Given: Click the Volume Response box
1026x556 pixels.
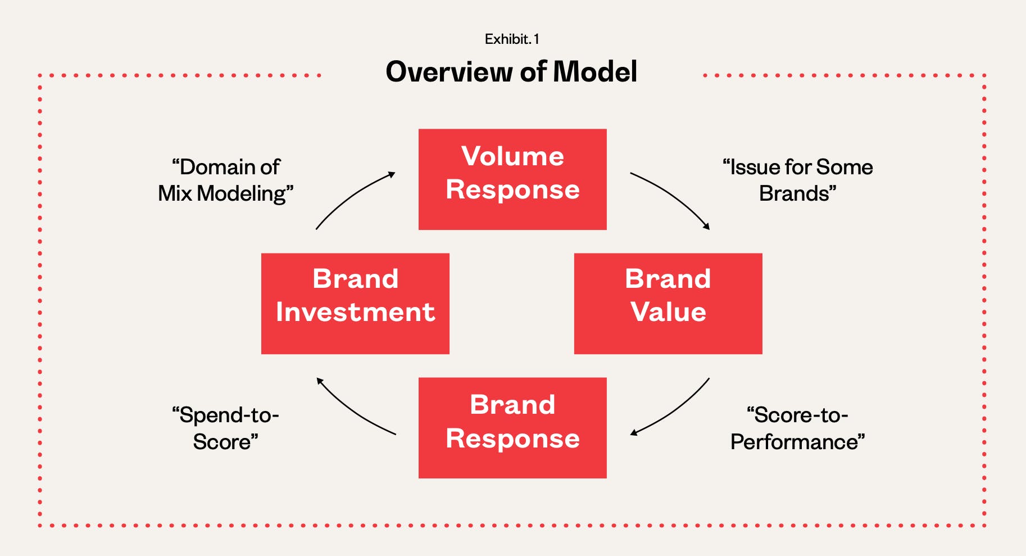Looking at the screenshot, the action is [x=512, y=179].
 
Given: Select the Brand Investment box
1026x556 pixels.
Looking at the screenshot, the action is [x=355, y=304].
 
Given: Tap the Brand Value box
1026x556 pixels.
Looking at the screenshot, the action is [x=668, y=304].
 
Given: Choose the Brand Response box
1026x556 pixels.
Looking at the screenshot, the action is [x=512, y=428].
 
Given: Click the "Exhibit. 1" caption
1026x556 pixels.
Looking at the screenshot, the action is [x=512, y=39].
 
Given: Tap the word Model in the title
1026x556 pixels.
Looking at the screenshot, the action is [x=595, y=71].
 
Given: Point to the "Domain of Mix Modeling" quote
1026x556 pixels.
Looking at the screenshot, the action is [x=226, y=180].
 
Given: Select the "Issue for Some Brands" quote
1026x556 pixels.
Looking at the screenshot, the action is [x=798, y=180].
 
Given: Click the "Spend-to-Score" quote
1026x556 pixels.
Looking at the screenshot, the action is [x=226, y=428].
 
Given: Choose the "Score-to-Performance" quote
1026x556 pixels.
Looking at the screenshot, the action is [x=798, y=428].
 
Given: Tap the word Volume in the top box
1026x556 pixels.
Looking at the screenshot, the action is [x=512, y=156].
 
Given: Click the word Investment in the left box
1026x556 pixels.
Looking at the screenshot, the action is [x=355, y=312].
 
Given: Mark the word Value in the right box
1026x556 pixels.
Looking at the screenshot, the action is [x=668, y=312].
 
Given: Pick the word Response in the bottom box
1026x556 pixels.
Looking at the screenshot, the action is [x=512, y=439].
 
